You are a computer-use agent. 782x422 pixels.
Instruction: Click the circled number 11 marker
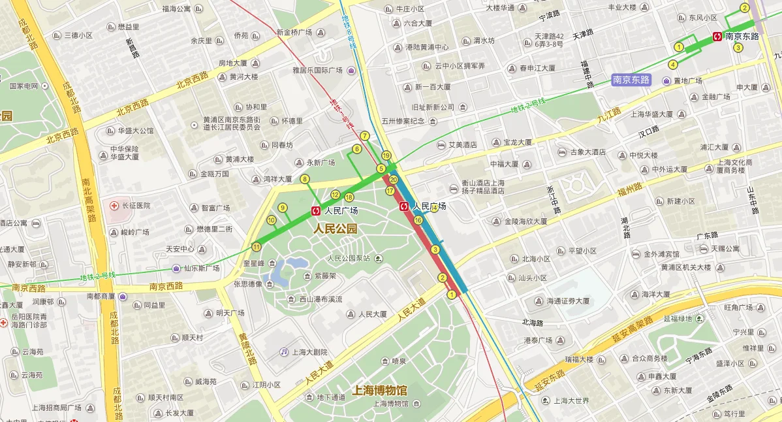pos(256,247)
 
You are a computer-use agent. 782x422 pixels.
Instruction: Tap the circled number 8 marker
pos(305,179)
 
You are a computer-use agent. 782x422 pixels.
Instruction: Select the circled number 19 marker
pos(386,155)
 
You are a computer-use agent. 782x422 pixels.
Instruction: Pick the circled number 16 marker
pos(418,220)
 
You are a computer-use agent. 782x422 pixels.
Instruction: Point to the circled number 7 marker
pos(365,136)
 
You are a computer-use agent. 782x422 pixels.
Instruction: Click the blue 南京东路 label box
pos(631,80)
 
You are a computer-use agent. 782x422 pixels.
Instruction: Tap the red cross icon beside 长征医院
pos(114,206)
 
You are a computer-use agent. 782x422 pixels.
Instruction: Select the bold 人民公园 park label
pos(336,229)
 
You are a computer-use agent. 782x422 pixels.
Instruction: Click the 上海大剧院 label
pos(309,351)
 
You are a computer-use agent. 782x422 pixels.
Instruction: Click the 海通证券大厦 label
pos(568,301)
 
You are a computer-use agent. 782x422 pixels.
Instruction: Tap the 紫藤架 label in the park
pos(323,276)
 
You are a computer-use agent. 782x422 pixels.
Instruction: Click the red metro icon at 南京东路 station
pos(717,37)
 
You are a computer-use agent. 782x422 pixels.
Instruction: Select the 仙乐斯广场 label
pos(200,268)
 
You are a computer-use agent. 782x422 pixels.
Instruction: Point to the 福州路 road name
pos(631,190)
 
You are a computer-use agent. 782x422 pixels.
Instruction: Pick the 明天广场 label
pos(229,313)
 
